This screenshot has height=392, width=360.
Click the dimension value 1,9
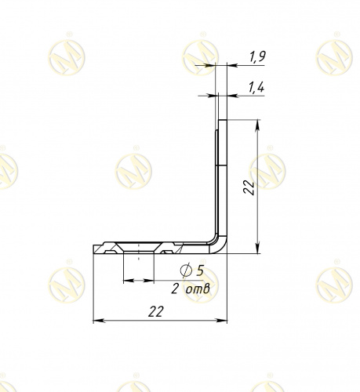click(257, 56)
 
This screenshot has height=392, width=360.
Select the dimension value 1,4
click(256, 88)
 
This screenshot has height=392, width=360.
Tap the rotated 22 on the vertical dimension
click(249, 187)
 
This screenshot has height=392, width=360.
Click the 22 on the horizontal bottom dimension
click(156, 311)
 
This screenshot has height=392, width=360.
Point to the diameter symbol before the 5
click(186, 270)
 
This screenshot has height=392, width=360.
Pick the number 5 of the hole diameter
click(200, 270)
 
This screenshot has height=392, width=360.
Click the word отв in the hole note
click(198, 289)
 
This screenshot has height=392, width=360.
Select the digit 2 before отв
click(175, 289)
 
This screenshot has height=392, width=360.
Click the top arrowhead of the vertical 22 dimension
click(258, 125)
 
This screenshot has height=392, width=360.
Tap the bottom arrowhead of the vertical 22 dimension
click(258, 249)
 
